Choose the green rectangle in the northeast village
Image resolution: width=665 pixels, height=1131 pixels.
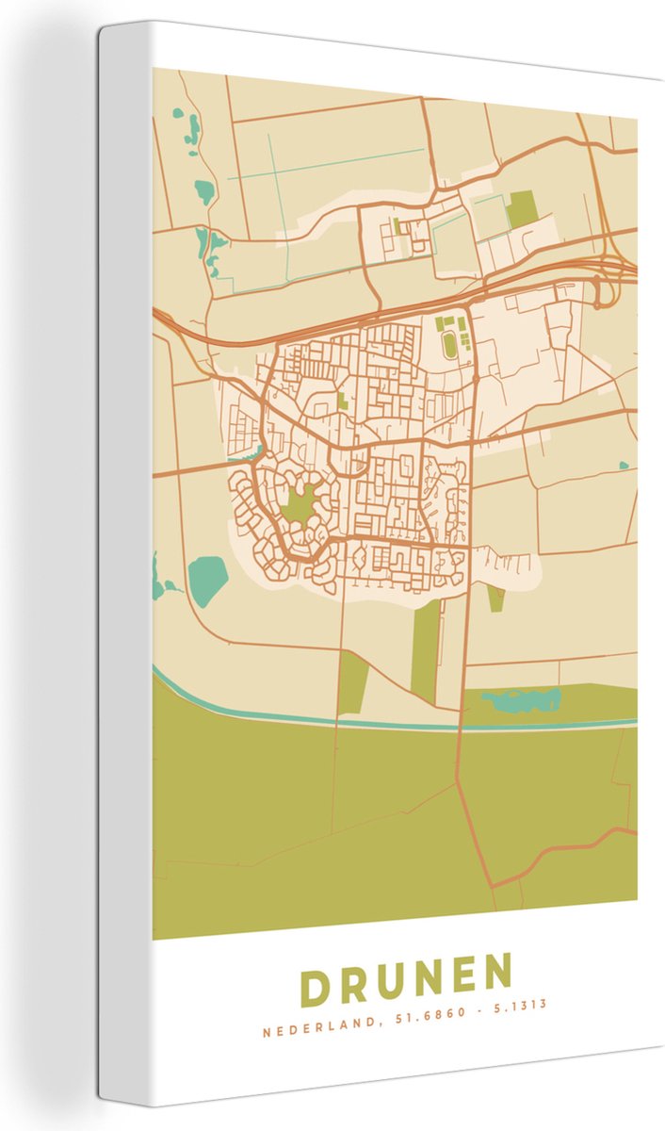pos(520,210)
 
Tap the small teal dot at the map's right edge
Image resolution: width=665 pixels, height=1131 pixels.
pos(624,465)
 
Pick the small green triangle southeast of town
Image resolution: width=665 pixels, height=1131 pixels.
pos(495,597)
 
